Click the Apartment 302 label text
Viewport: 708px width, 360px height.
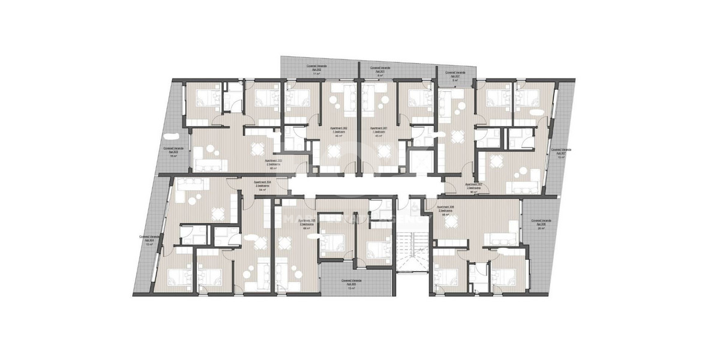[340, 129]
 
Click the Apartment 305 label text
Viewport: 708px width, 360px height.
[307, 221]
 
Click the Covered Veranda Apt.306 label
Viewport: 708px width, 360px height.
[542, 222]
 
